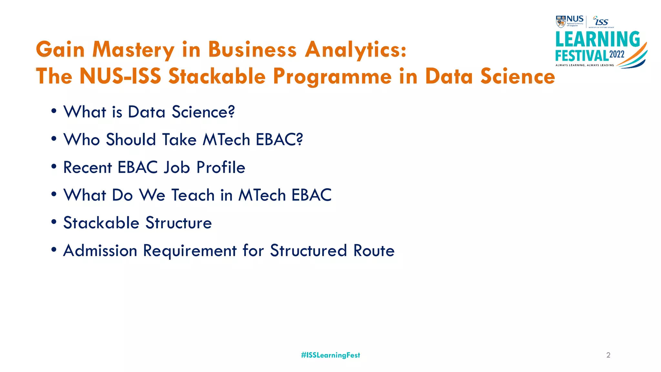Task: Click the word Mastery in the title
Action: point(133,50)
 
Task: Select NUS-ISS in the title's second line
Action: point(120,77)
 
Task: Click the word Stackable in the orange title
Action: point(217,77)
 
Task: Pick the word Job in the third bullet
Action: point(177,168)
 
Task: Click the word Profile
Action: point(221,167)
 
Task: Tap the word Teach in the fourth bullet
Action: point(193,195)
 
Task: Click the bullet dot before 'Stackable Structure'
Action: point(54,222)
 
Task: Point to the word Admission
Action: point(100,251)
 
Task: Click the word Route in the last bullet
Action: point(374,251)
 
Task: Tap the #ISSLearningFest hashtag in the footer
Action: point(330,355)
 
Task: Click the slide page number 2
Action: point(608,355)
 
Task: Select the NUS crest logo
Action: point(561,21)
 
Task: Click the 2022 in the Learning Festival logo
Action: point(617,54)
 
